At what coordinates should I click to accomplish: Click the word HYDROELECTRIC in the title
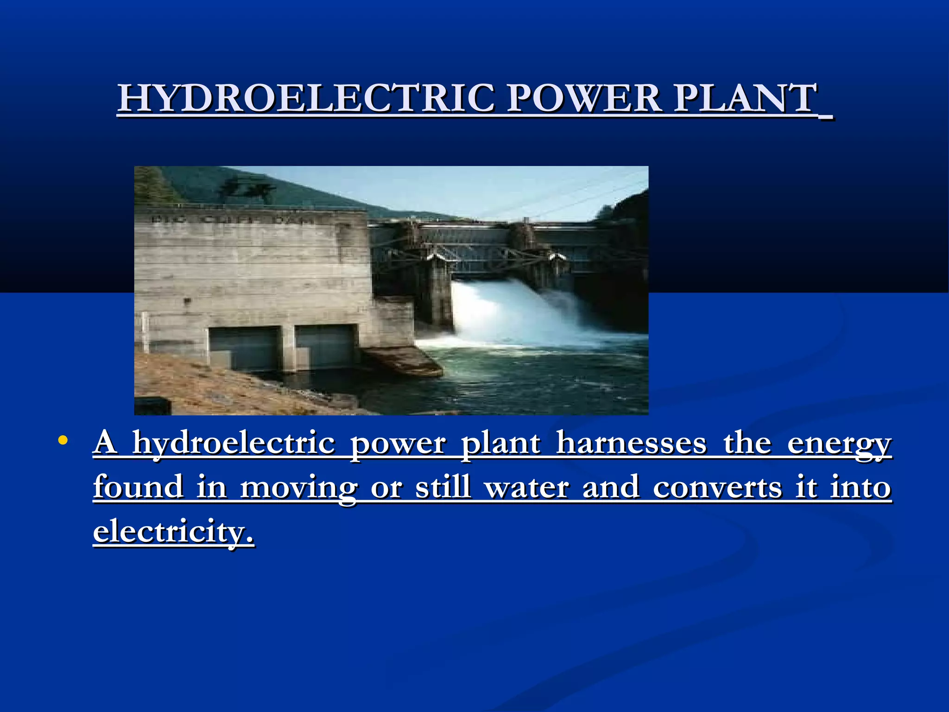tap(306, 98)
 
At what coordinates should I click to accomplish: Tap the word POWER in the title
tap(584, 98)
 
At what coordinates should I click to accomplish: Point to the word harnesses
tap(631, 443)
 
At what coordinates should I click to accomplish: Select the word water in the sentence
tap(526, 488)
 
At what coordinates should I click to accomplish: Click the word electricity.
tap(173, 531)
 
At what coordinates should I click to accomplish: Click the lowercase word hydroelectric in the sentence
tap(233, 444)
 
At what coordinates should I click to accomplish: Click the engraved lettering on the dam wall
tap(232, 219)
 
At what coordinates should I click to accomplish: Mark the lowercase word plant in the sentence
tap(500, 444)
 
